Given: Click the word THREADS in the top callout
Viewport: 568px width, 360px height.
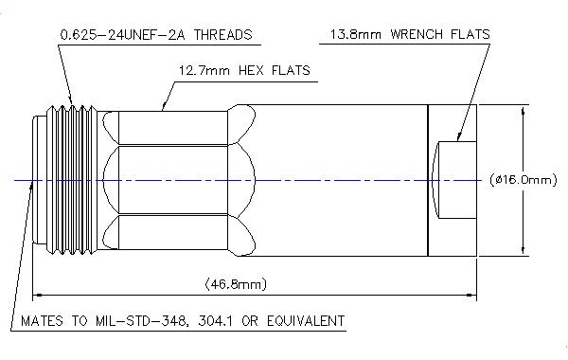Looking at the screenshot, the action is pos(222,35).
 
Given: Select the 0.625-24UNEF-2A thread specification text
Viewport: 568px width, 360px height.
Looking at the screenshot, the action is pos(124,35).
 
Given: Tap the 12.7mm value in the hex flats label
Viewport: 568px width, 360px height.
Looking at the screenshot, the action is pos(204,70).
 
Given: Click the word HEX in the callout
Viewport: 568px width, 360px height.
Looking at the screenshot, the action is pos(252,70).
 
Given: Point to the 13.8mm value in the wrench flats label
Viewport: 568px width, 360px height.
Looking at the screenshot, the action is pos(355,34).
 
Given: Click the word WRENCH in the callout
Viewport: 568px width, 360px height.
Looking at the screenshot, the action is pos(417,34).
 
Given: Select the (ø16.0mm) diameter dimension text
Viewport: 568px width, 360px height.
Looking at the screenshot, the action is pos(524,180).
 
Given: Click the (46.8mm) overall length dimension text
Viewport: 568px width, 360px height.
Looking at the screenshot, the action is pos(236,284).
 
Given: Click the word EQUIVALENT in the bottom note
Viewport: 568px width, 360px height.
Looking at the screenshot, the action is pos(306,321).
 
